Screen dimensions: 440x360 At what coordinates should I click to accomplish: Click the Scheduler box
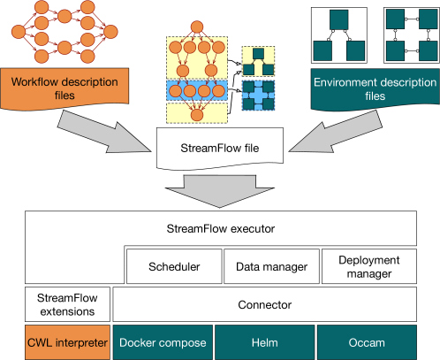[x=174, y=266]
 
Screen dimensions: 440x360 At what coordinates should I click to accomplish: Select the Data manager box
[x=271, y=266]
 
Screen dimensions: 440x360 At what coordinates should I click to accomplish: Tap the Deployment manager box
[x=369, y=266]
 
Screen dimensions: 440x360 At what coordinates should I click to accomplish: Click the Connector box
[x=264, y=304]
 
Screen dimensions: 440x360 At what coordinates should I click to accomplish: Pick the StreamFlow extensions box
[x=67, y=304]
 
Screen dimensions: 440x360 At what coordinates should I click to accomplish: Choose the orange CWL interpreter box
[x=67, y=342]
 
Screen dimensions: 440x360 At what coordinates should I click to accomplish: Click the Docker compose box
[x=163, y=342]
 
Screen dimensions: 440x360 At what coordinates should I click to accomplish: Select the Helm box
[x=265, y=342]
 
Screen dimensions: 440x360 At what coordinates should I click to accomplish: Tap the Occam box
[x=367, y=342]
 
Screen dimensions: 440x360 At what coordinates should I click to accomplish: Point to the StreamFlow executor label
[x=221, y=228]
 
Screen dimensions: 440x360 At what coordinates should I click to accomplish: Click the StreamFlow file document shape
[x=220, y=149]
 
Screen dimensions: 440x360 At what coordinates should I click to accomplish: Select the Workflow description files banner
[x=64, y=88]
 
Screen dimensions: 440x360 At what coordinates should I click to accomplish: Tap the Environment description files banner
[x=376, y=89]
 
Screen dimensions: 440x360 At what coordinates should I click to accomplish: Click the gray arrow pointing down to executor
[x=220, y=191]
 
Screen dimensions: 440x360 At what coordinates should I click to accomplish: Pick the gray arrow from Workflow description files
[x=104, y=133]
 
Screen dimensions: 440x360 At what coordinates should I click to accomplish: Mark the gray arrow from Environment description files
[x=336, y=133]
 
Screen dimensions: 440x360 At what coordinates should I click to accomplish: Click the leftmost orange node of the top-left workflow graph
[x=19, y=32]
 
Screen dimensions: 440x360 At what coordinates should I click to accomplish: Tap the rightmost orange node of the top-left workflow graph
[x=110, y=32]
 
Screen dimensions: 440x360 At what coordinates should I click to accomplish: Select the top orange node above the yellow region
[x=197, y=27]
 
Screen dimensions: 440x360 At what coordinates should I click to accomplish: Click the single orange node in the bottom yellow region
[x=197, y=115]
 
